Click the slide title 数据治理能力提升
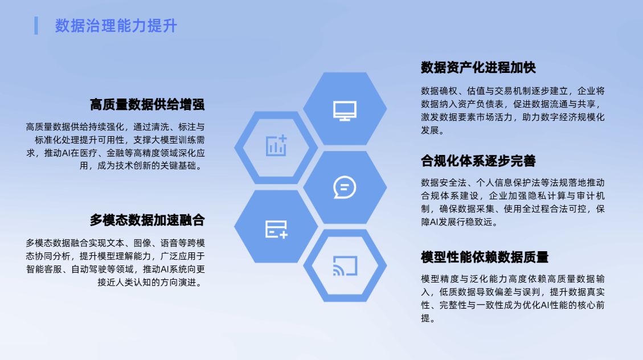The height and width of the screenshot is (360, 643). (116, 26)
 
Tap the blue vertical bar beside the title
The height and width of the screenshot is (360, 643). (36, 26)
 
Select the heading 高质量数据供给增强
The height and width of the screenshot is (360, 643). (147, 105)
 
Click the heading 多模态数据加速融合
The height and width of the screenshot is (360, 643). (147, 220)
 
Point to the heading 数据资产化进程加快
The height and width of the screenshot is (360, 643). (478, 67)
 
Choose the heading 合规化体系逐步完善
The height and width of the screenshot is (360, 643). (478, 161)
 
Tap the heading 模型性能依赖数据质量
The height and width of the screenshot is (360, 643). (485, 257)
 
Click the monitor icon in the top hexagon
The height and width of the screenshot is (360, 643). (345, 111)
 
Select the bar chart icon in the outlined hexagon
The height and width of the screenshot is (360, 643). (276, 145)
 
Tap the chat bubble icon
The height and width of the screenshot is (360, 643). (345, 187)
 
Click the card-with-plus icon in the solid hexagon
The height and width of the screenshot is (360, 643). (276, 229)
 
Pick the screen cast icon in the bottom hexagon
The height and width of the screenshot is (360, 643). (345, 265)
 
